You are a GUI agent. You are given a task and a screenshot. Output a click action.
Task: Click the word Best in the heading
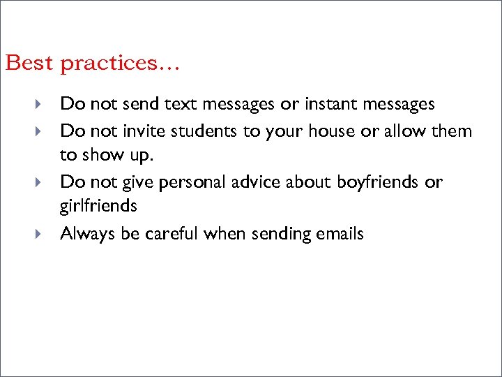click(29, 63)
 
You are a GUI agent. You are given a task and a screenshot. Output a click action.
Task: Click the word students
click(206, 131)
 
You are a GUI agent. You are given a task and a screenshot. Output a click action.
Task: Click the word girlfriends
click(98, 207)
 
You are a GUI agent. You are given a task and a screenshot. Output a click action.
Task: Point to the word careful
click(172, 234)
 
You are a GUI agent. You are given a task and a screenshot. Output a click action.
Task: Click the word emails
click(341, 234)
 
